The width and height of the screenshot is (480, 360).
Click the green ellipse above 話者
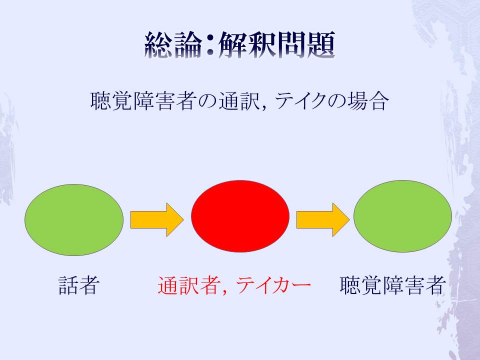tap(74, 220)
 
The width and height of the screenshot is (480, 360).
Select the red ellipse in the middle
tap(240, 216)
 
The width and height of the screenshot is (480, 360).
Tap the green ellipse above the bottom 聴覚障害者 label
tap(402, 216)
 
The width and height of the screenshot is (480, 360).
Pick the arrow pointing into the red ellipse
tap(157, 220)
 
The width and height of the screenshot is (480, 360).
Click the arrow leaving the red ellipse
tap(323, 220)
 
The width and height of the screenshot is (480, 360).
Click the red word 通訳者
tap(189, 285)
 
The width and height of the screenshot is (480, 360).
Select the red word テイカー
tap(273, 285)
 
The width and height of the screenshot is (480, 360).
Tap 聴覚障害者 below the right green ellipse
tap(392, 285)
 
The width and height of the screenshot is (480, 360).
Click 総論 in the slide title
tap(173, 45)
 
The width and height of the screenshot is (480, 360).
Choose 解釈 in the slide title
tap(247, 45)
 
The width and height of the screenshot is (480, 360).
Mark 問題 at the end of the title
tap(306, 45)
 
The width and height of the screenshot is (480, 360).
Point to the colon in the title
tap(210, 46)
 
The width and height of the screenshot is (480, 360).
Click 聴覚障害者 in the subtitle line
tap(143, 101)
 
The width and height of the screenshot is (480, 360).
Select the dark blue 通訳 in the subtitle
tap(239, 101)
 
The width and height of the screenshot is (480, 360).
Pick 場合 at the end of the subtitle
tap(368, 101)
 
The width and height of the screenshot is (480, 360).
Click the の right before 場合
tap(337, 101)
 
